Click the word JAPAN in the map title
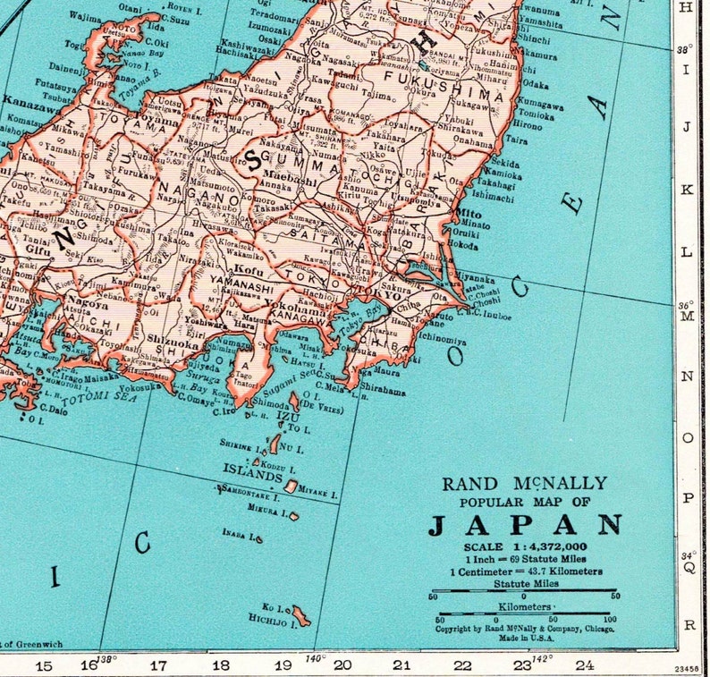pyautogui.click(x=526, y=525)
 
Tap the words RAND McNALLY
pyautogui.click(x=525, y=484)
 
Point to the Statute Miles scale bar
pyautogui.click(x=525, y=594)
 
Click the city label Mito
pyautogui.click(x=469, y=215)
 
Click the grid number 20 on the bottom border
pyautogui.click(x=343, y=664)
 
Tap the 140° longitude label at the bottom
pyautogui.click(x=314, y=658)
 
